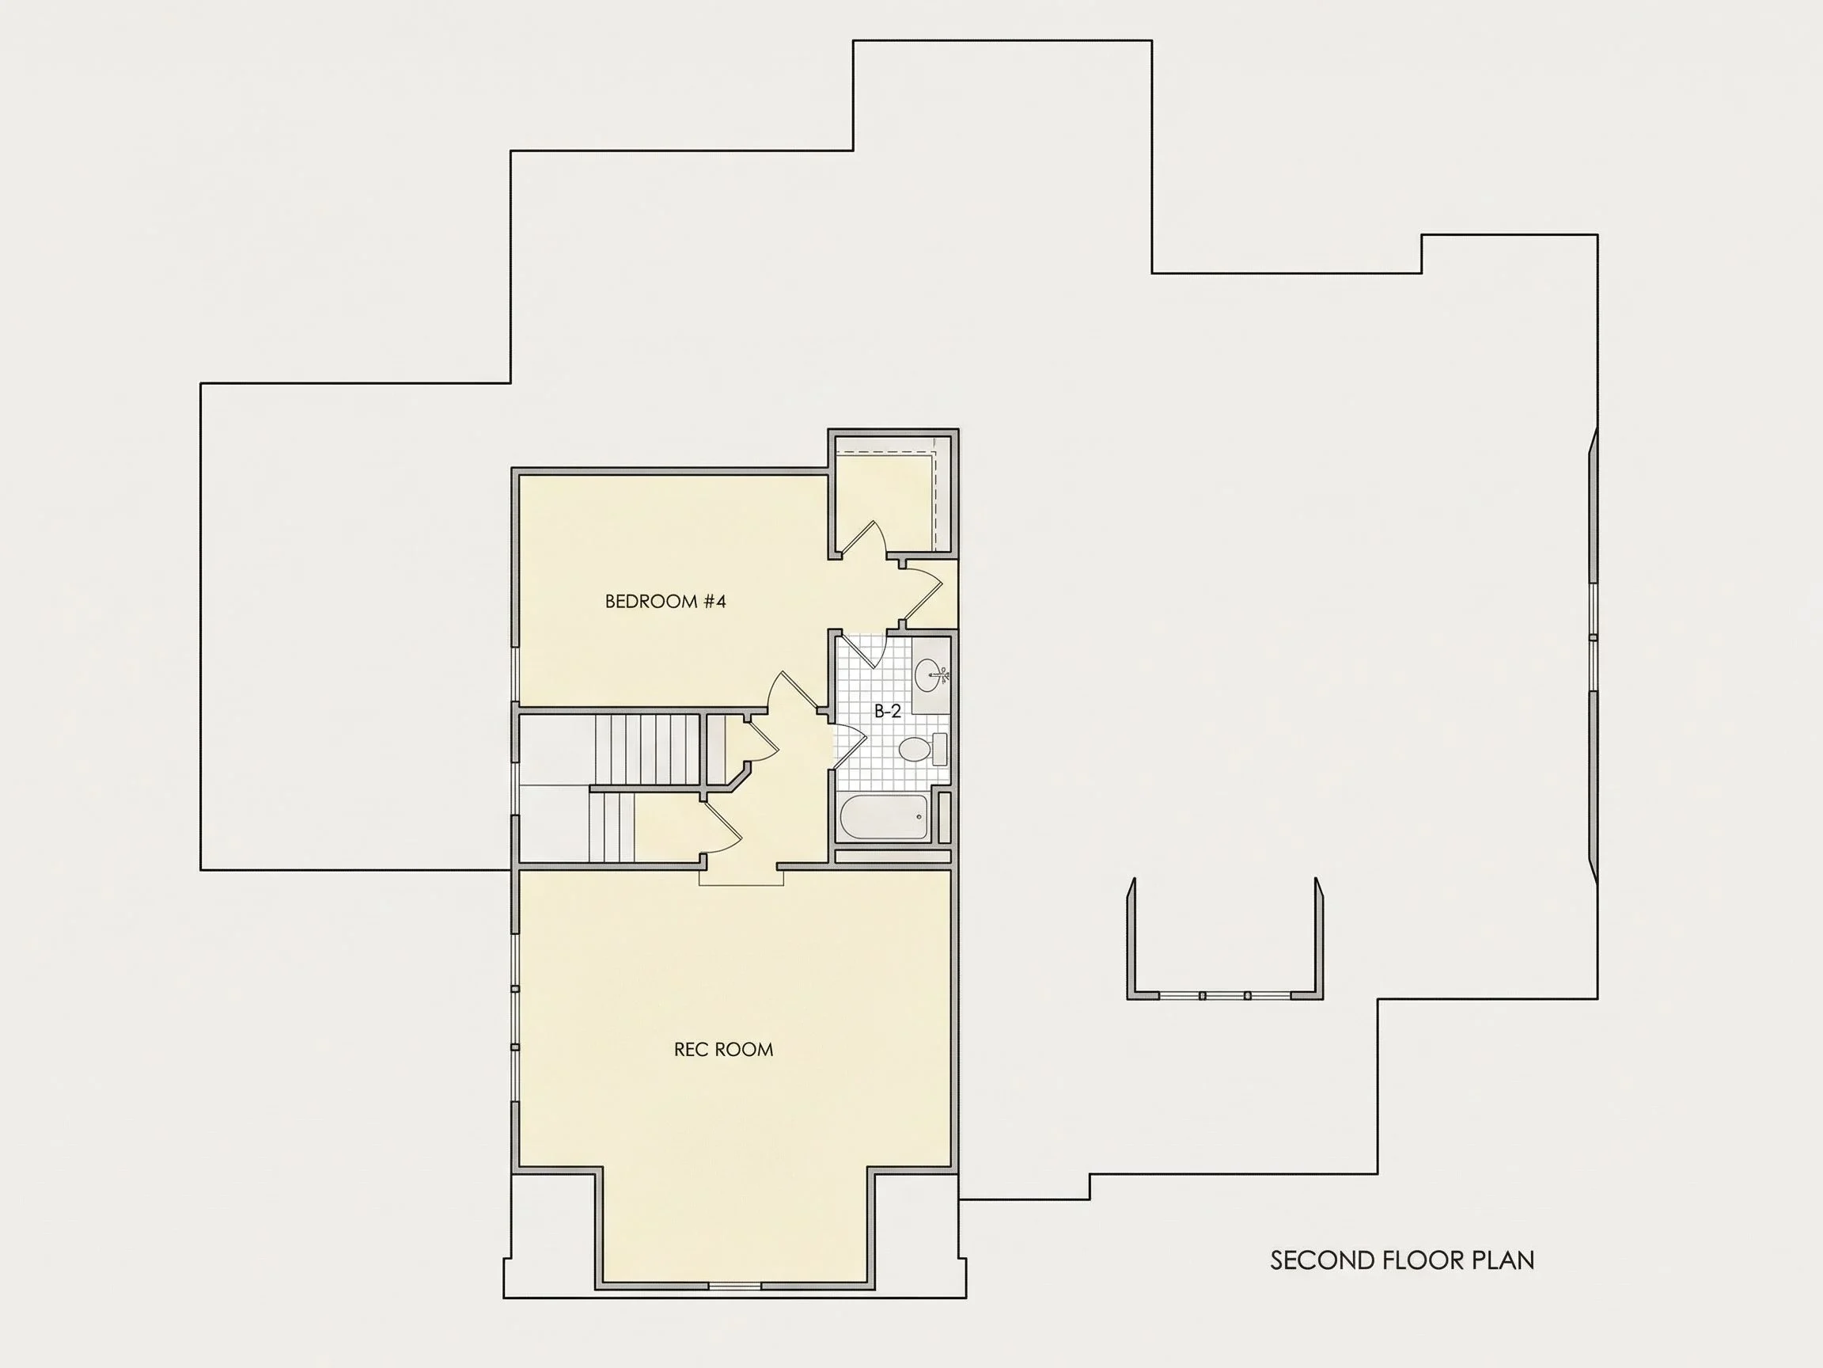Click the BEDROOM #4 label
click(x=665, y=601)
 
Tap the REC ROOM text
click(x=724, y=1050)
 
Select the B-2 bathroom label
click(x=888, y=712)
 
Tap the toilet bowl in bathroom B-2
click(x=913, y=750)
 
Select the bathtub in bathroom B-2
click(x=884, y=816)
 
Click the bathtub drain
click(x=919, y=817)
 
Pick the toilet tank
click(x=938, y=750)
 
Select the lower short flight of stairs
click(x=612, y=827)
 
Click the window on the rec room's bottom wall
click(x=734, y=1286)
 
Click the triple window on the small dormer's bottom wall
click(x=1225, y=996)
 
